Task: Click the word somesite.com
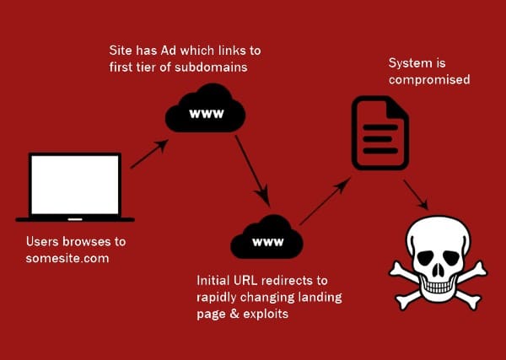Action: (x=68, y=258)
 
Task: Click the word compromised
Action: (x=428, y=81)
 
